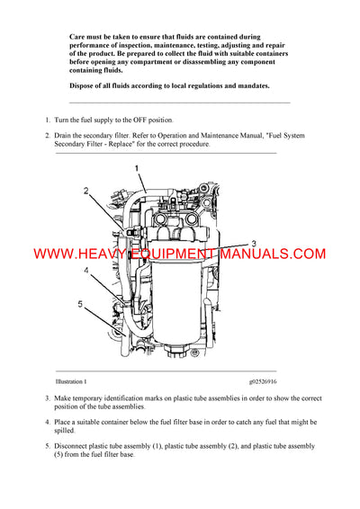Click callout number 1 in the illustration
coord(136,168)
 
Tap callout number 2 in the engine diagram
coord(86,191)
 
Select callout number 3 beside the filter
coord(253,244)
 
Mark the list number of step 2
coord(47,135)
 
